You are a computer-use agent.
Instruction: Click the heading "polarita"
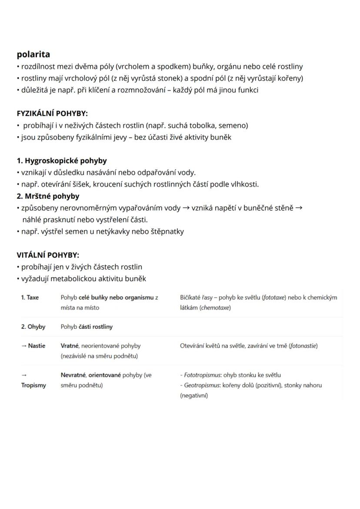tap(33, 54)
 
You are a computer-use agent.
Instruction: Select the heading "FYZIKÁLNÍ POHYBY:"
tap(52, 114)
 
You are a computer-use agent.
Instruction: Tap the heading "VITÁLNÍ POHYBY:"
tap(48, 255)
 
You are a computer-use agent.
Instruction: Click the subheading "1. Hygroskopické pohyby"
tap(62, 161)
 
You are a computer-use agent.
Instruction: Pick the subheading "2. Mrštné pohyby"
tap(48, 196)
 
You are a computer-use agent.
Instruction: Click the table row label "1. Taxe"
tap(30, 298)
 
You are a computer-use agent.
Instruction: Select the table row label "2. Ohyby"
tap(33, 327)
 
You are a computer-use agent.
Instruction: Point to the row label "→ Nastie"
tap(33, 346)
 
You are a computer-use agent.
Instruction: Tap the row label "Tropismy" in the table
tap(33, 385)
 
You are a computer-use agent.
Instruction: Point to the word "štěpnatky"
tap(167, 231)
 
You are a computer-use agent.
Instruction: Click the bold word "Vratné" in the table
tap(70, 346)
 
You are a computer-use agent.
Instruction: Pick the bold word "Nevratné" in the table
tap(73, 375)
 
